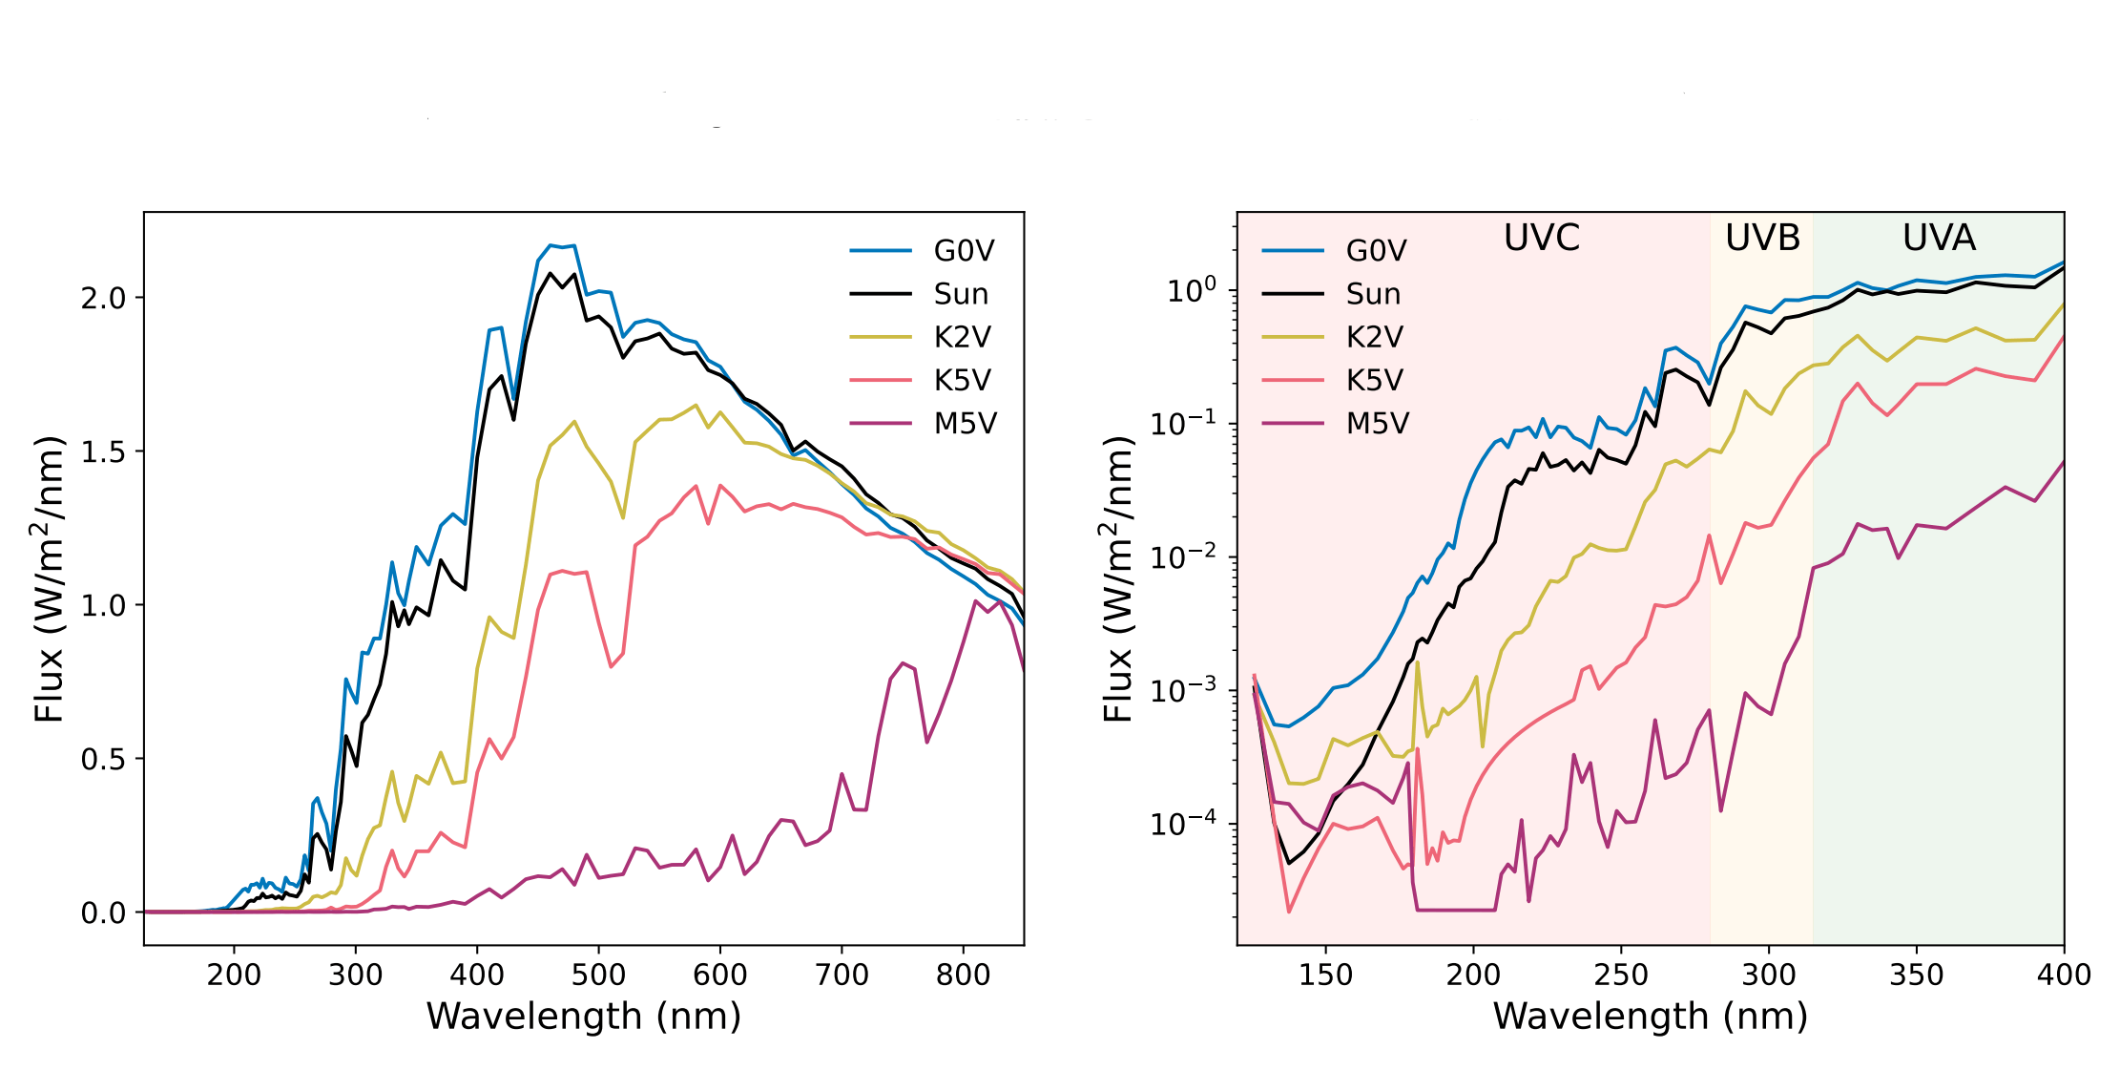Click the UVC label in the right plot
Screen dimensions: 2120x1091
click(x=1542, y=238)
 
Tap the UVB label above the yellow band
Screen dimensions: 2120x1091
click(x=1762, y=238)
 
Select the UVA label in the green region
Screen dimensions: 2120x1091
click(x=1939, y=238)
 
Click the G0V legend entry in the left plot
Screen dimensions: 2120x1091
click(x=923, y=251)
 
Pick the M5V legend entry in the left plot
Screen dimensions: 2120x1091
click(x=924, y=423)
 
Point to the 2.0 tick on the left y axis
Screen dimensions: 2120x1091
click(x=103, y=299)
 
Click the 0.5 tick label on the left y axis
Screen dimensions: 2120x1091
click(x=103, y=760)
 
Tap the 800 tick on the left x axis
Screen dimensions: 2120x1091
click(x=963, y=975)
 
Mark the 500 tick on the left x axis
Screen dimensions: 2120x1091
click(x=598, y=975)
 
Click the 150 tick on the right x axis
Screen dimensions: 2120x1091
click(x=1325, y=975)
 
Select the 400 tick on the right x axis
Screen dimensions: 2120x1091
click(x=2064, y=975)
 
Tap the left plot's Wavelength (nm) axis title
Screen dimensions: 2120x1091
click(x=584, y=1017)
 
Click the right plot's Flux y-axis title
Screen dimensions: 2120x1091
click(x=1118, y=578)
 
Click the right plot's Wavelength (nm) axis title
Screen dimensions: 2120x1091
click(x=1651, y=1017)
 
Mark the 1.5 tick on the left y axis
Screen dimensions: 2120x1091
click(x=103, y=452)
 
